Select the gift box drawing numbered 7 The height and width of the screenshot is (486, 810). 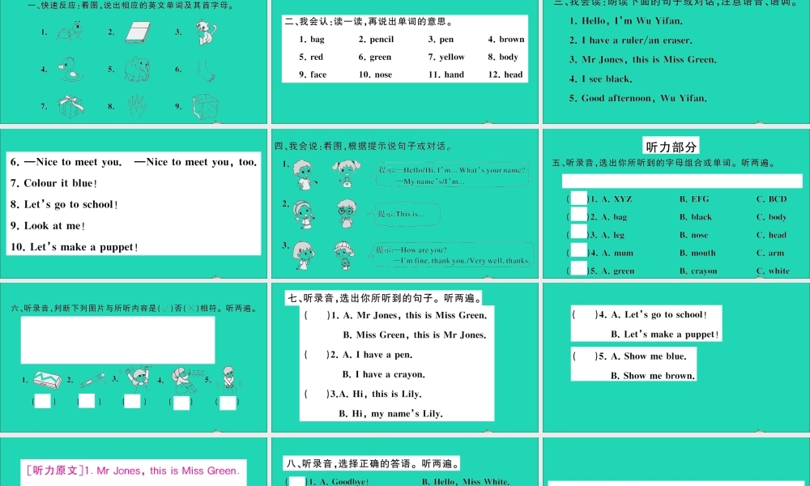[70, 106]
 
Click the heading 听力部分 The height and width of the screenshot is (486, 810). [670, 146]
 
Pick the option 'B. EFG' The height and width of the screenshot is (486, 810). [694, 198]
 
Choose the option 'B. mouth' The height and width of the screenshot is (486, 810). [697, 253]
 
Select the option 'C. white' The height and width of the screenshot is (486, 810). [773, 271]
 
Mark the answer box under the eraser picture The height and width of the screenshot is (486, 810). [43, 402]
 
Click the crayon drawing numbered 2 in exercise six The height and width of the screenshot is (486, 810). [92, 378]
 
